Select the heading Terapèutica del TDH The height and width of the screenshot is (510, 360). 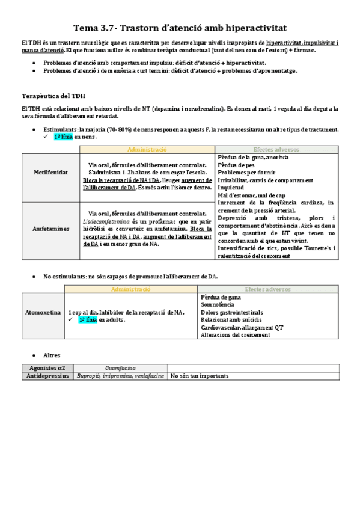[x=53, y=96]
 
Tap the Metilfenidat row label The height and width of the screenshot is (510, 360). [x=50, y=173]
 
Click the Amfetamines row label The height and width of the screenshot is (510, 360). [x=50, y=229]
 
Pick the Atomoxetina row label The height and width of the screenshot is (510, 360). [x=42, y=313]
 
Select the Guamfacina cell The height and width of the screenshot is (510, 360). [x=120, y=367]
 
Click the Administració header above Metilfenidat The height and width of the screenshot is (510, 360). [x=147, y=149]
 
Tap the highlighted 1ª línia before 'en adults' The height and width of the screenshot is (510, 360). [x=87, y=320]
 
